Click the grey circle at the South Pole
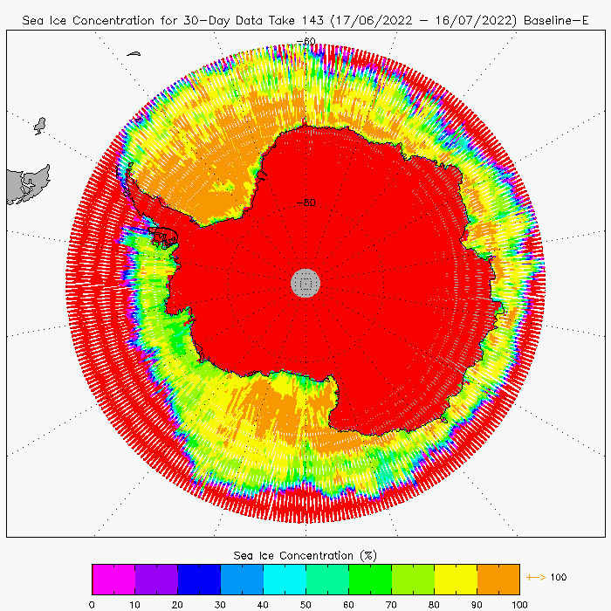click(305, 282)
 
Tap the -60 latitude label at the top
click(306, 41)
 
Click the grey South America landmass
click(24, 185)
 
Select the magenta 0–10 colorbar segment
click(113, 579)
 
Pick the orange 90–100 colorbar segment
click(498, 579)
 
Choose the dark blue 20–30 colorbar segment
click(199, 579)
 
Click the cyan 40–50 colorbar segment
click(285, 579)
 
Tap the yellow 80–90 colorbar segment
click(456, 579)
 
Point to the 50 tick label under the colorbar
click(306, 603)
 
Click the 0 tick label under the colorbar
click(92, 603)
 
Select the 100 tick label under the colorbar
click(519, 603)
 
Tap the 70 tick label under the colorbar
click(392, 603)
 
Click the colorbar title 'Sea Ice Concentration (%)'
click(305, 555)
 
